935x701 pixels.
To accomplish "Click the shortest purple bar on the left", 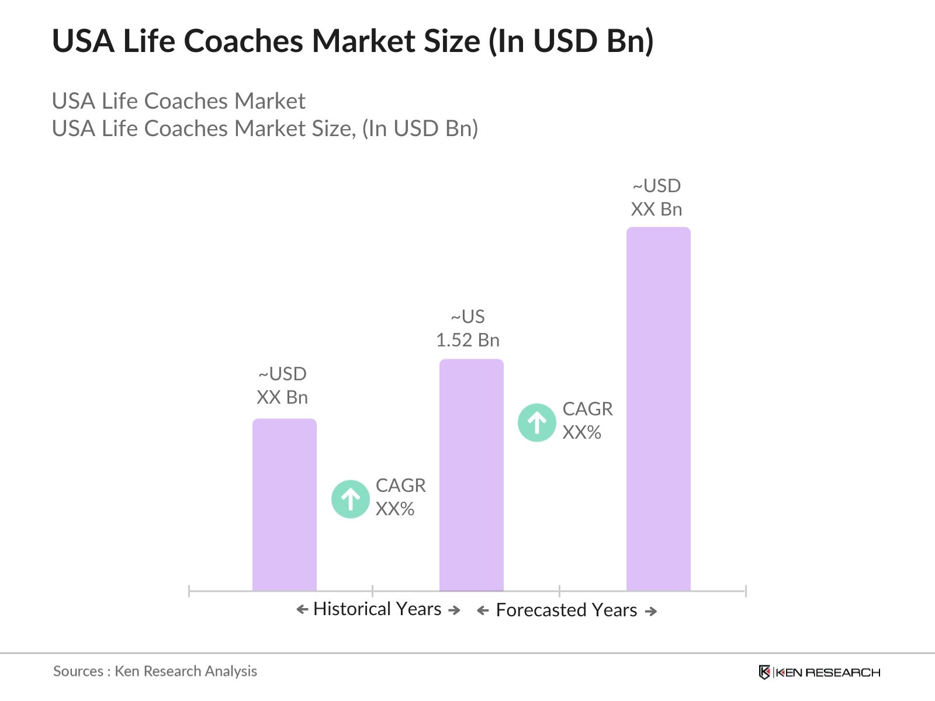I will tap(284, 505).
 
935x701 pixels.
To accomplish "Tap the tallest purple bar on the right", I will tap(658, 409).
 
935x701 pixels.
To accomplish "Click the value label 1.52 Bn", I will tap(467, 340).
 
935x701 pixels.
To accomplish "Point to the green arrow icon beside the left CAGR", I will tap(350, 499).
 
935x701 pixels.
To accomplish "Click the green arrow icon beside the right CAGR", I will tap(536, 422).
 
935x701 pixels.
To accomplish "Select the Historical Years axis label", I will tap(377, 609).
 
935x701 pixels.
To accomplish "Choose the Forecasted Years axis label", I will tap(566, 610).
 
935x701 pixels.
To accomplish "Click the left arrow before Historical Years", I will tap(302, 610).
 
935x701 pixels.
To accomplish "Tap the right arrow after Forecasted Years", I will tap(651, 612).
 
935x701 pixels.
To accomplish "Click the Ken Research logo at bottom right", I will tap(819, 672).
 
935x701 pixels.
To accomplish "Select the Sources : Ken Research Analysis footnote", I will tap(155, 671).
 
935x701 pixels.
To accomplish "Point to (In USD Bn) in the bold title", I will tap(570, 41).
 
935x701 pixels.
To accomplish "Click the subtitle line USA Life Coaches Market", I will tap(178, 101).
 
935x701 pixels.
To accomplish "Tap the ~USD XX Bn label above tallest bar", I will tap(656, 197).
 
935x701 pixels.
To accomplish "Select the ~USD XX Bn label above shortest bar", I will tap(282, 386).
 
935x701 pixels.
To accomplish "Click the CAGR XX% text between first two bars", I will tap(400, 497).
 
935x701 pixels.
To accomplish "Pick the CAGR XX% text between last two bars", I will tap(587, 421).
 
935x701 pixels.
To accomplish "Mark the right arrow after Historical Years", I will tap(454, 610).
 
